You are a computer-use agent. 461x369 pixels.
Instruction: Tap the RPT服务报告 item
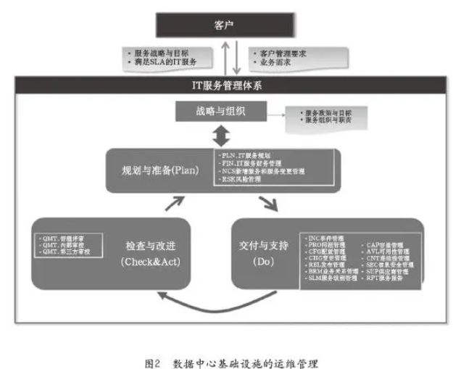(392, 278)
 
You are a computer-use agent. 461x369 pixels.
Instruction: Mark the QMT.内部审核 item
(65, 246)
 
